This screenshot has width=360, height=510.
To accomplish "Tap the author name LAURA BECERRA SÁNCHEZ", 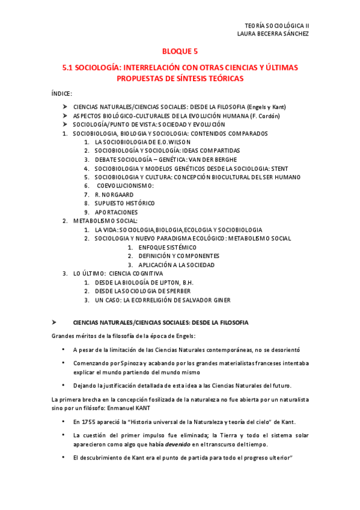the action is [x=273, y=34].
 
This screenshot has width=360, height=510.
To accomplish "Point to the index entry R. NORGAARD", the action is [x=114, y=195].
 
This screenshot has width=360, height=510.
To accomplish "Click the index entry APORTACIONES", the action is [x=116, y=212].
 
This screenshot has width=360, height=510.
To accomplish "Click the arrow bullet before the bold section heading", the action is [x=54, y=322].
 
